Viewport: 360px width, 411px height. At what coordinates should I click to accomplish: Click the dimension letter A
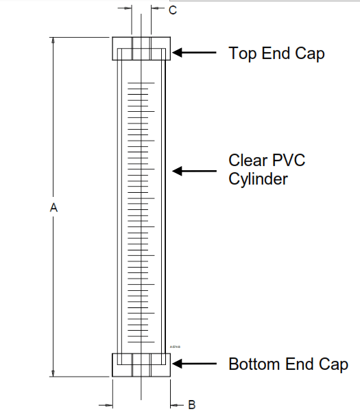(x=53, y=207)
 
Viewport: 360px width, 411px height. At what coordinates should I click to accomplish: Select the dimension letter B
(x=193, y=404)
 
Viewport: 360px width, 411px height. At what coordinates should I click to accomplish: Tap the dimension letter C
(x=173, y=10)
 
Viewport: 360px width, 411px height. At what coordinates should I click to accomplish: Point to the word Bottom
(x=257, y=364)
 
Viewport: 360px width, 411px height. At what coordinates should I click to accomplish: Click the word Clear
(x=247, y=161)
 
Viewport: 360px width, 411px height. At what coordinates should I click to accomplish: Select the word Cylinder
(x=258, y=180)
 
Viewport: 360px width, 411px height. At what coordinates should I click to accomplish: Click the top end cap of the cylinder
(x=141, y=48)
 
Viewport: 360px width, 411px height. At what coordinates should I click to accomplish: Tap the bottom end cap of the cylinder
(x=141, y=364)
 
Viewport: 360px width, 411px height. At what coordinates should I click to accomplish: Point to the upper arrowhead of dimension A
(x=53, y=40)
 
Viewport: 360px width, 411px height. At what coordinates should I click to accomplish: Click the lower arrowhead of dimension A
(x=53, y=373)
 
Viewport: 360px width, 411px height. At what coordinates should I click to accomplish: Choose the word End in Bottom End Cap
(x=300, y=364)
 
